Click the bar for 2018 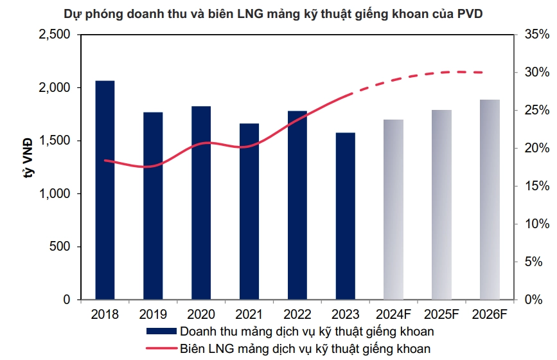(105, 190)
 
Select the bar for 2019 (153, 206)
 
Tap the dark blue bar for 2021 (249, 212)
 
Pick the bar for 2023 (345, 216)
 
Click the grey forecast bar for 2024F (393, 210)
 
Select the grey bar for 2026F (490, 199)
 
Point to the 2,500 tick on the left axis (57, 35)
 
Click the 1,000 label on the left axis (57, 194)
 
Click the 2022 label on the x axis (297, 314)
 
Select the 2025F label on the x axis (441, 314)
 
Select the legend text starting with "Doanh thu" (307, 332)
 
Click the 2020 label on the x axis (200, 314)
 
